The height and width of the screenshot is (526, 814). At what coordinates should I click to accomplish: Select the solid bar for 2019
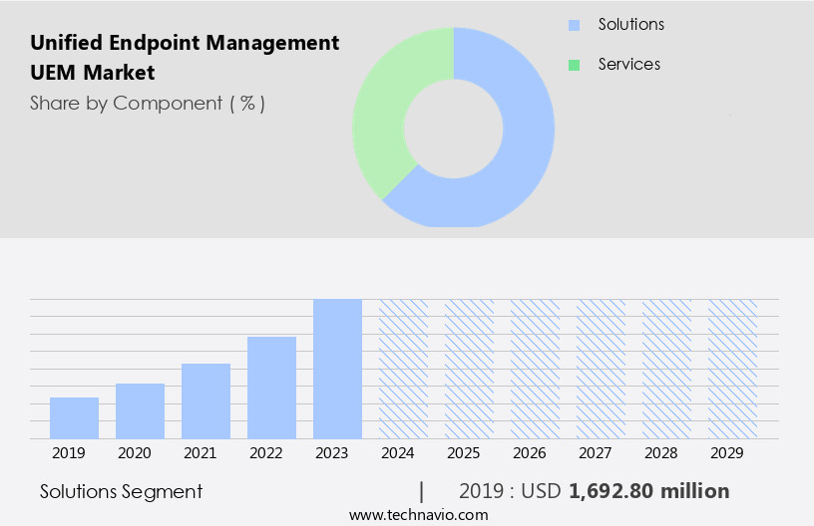[74, 418]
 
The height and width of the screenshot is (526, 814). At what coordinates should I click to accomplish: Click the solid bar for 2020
[140, 411]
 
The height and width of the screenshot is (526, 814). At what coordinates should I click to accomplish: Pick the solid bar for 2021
[205, 401]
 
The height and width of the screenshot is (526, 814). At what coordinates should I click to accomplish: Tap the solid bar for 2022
[271, 388]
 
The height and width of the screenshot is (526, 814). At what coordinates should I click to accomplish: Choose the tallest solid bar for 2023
[337, 369]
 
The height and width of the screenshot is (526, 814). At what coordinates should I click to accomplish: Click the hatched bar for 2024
[403, 369]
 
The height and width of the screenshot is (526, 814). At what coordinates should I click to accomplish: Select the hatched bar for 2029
[732, 369]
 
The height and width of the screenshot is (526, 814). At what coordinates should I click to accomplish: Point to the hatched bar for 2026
[535, 369]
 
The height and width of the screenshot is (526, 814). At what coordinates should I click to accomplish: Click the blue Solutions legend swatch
[574, 25]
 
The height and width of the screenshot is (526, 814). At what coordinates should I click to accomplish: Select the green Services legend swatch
[574, 65]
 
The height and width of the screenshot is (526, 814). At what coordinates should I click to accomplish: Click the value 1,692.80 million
[648, 491]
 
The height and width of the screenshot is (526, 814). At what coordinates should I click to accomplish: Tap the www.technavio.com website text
[419, 514]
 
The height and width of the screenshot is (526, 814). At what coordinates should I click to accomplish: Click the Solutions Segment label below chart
[121, 491]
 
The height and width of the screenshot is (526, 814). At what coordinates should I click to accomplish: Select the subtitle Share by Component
[148, 103]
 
